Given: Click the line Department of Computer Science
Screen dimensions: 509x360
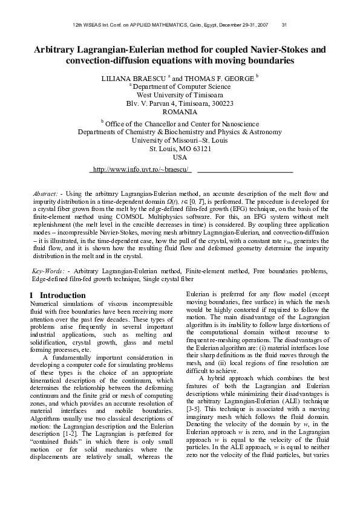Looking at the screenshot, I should coord(180,86).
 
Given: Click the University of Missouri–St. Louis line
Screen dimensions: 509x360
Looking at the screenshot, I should coord(180,140).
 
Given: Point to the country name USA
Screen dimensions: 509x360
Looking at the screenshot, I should coord(180,157).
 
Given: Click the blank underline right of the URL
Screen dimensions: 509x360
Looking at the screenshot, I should coord(245,169).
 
